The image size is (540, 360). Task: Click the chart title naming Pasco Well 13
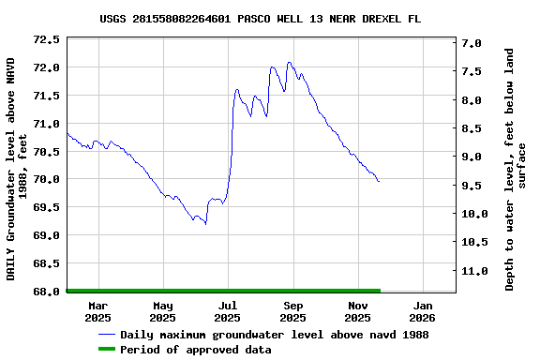click(x=273, y=19)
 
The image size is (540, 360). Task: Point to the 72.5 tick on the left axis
click(x=47, y=39)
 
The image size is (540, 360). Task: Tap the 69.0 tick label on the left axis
click(x=47, y=235)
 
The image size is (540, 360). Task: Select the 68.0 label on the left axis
click(x=47, y=292)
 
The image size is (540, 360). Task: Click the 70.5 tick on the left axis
click(x=47, y=151)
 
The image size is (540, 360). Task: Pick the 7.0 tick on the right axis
click(x=472, y=43)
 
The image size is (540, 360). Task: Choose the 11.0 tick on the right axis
click(x=472, y=271)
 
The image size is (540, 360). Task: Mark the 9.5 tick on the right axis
click(x=472, y=186)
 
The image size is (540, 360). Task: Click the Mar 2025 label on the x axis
click(x=98, y=311)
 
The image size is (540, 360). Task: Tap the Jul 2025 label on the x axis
click(x=228, y=311)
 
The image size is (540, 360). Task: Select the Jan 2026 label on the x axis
click(x=423, y=311)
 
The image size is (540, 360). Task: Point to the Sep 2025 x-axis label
click(x=293, y=311)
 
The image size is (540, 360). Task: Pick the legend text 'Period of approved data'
click(x=196, y=350)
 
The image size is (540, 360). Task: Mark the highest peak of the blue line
click(x=290, y=63)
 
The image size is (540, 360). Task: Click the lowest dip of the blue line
click(x=205, y=224)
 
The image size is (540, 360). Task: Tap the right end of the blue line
click(x=379, y=181)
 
